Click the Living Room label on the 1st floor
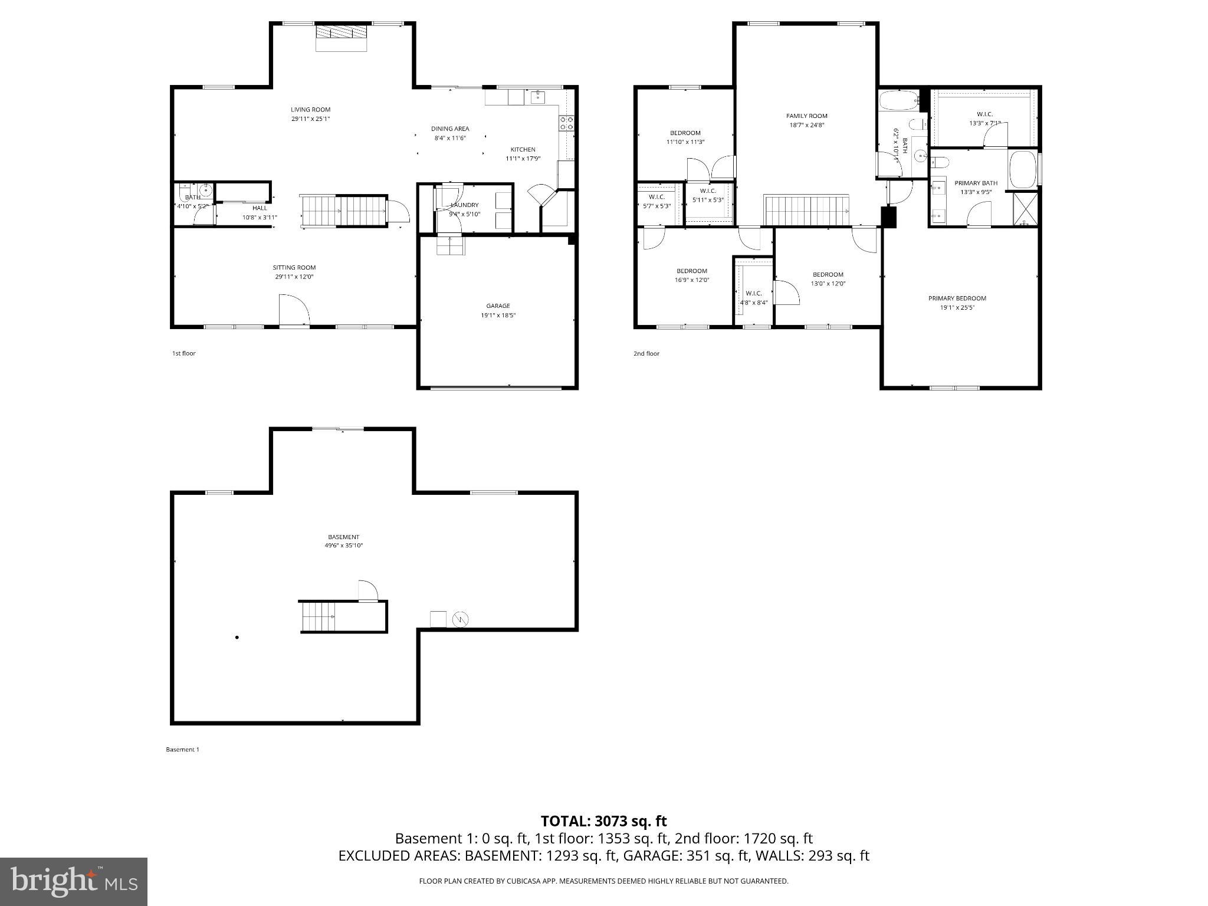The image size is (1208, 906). click(310, 110)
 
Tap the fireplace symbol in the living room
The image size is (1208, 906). click(342, 33)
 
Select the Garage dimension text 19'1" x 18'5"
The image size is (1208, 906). click(498, 316)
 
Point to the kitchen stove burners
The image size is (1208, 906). click(566, 123)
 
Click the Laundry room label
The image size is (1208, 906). click(465, 205)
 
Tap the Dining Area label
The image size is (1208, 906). click(450, 129)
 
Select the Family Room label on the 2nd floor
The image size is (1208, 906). click(806, 116)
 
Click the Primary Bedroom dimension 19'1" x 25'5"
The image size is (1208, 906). click(957, 307)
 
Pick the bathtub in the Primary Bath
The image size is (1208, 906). click(1023, 170)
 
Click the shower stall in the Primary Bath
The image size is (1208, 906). click(1025, 209)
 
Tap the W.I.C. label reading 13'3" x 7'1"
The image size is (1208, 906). click(984, 123)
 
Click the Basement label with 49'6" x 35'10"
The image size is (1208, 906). click(343, 541)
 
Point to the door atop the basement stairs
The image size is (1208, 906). click(367, 590)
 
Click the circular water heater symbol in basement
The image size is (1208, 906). click(460, 619)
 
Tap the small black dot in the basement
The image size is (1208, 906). click(237, 638)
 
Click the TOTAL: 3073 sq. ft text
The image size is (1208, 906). click(603, 821)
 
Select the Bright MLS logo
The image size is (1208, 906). click(74, 882)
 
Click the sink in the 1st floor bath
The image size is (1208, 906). click(206, 190)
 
